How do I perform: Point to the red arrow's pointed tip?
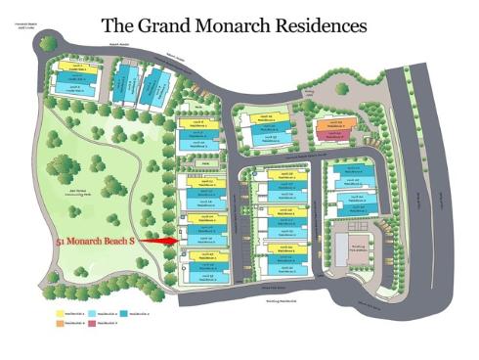click(179, 239)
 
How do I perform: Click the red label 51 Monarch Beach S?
click(95, 239)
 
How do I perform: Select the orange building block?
click(333, 125)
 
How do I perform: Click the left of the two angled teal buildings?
click(124, 86)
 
